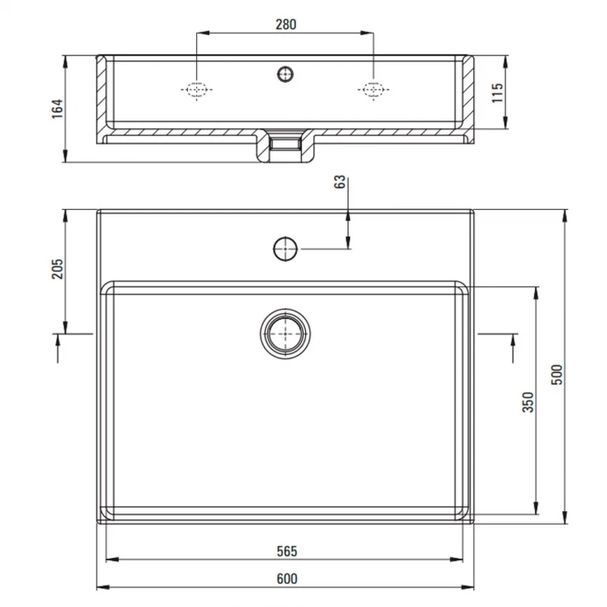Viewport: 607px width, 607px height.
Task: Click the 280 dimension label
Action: click(x=286, y=25)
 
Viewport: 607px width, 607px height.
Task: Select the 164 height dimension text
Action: click(x=57, y=109)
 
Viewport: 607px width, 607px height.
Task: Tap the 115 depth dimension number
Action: click(x=497, y=93)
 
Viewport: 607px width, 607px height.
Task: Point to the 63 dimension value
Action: click(x=339, y=181)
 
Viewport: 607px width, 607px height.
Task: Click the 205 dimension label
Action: click(x=57, y=269)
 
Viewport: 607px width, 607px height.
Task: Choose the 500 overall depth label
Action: click(x=556, y=374)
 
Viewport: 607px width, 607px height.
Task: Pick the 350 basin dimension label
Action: click(x=528, y=402)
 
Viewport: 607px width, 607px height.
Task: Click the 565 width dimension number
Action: click(x=287, y=551)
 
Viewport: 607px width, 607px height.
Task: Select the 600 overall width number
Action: click(x=287, y=579)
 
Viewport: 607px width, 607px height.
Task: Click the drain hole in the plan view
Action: click(x=285, y=334)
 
